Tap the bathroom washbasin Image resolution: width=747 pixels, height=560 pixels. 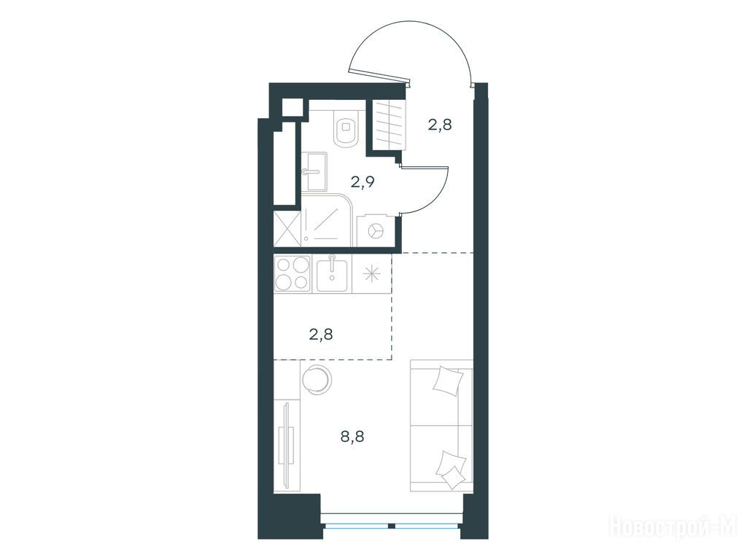pyautogui.click(x=314, y=171)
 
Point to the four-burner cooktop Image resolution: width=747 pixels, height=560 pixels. pyautogui.click(x=293, y=273)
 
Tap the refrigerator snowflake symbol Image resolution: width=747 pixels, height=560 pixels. pyautogui.click(x=371, y=274)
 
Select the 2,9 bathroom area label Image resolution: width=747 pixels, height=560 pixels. pyautogui.click(x=363, y=182)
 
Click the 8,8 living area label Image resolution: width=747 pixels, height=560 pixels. pyautogui.click(x=352, y=436)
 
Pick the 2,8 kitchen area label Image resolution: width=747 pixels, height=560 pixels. pyautogui.click(x=321, y=335)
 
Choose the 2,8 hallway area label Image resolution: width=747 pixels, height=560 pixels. pyautogui.click(x=439, y=125)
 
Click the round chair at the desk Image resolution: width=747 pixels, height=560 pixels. pyautogui.click(x=317, y=379)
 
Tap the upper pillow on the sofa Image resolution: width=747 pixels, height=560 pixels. pyautogui.click(x=448, y=380)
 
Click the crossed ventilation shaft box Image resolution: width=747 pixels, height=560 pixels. pyautogui.click(x=287, y=229)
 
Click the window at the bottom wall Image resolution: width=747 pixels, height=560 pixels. pyautogui.click(x=391, y=519)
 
